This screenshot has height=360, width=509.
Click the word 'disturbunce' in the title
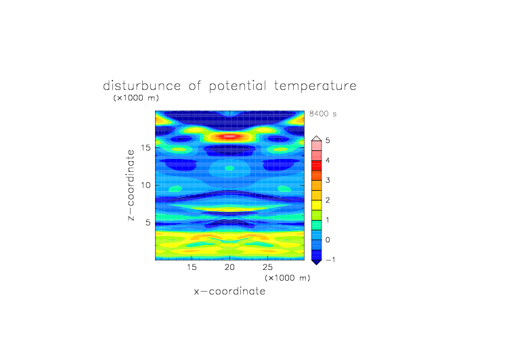coord(142,86)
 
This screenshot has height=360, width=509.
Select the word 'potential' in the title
coord(238,87)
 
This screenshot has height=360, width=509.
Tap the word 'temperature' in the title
coord(315,87)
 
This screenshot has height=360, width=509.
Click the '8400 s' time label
coord(323,114)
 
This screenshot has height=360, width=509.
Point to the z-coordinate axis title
coord(131,185)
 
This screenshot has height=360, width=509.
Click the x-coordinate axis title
coord(229,291)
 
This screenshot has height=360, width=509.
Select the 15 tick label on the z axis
coord(146,148)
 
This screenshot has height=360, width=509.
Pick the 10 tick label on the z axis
coord(146,185)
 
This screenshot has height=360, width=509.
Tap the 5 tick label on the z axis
coord(148,223)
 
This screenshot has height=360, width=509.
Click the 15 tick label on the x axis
coord(192,267)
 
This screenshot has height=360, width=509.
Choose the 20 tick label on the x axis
coord(229,267)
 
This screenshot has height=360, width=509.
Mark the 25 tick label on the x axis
coord(267,267)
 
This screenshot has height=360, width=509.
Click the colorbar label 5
coord(328,140)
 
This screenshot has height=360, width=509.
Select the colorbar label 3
coord(328,180)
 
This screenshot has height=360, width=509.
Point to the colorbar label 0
coord(328,240)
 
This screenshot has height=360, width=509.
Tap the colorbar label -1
coord(330,260)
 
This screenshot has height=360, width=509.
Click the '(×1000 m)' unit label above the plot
coord(136,97)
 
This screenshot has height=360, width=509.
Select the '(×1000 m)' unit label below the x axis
coord(287,278)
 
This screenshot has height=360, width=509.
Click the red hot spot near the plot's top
coord(229,136)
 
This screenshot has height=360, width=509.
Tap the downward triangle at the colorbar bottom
coord(317,262)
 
